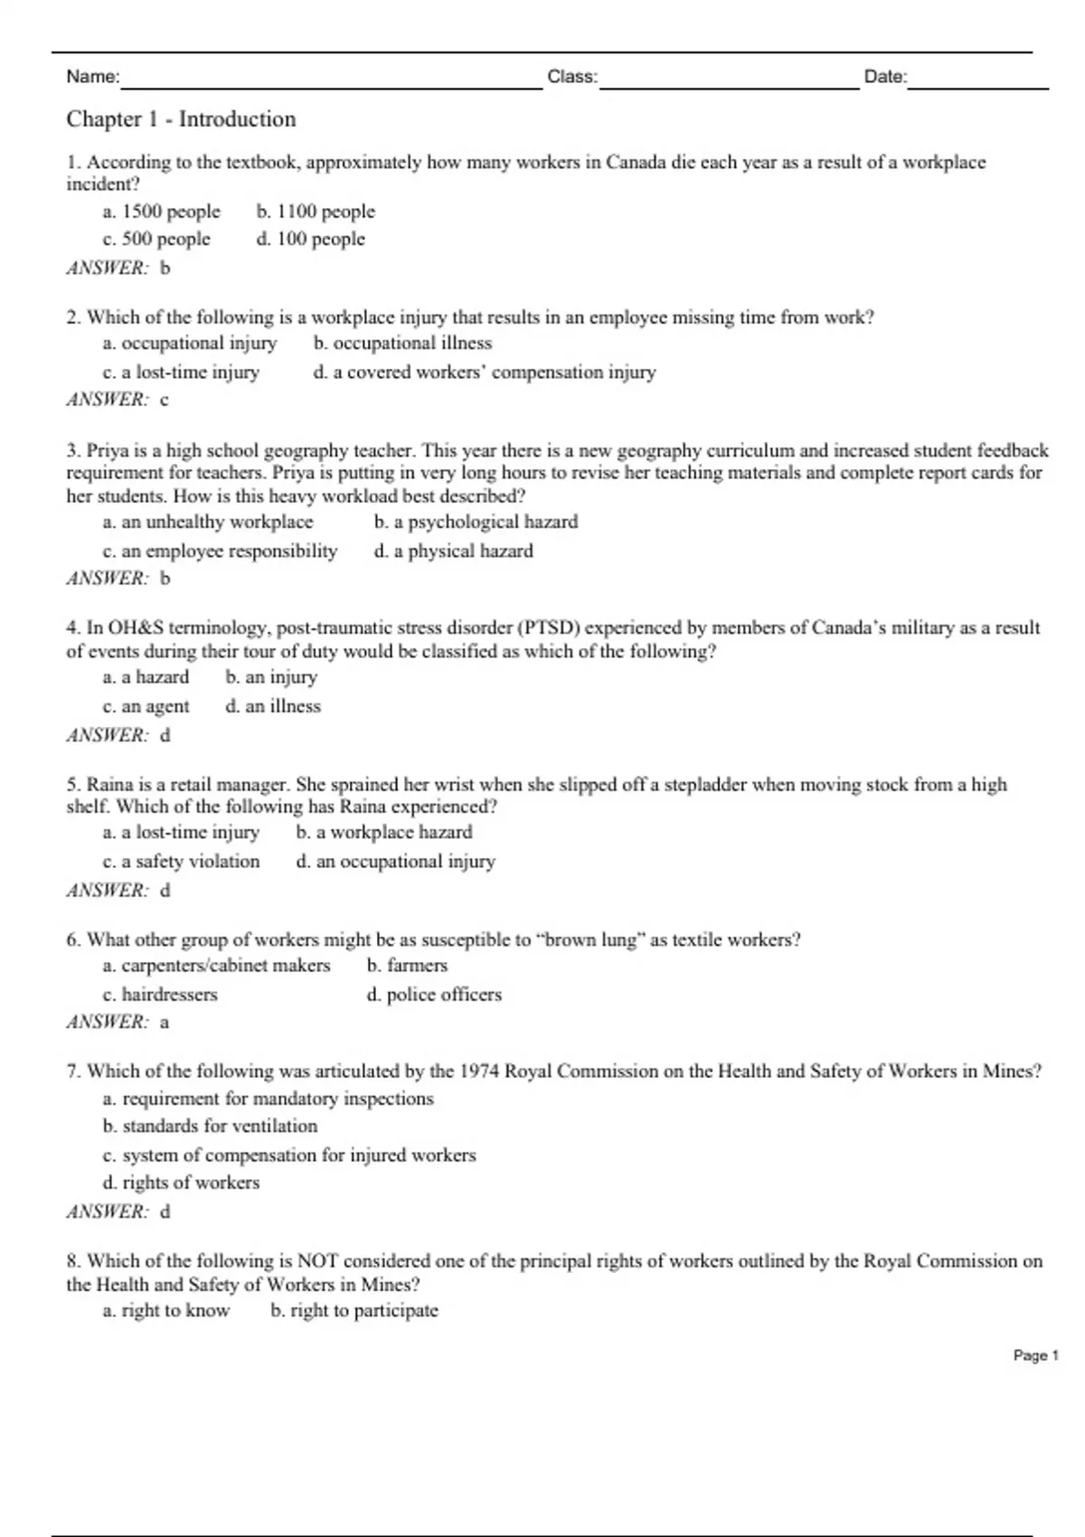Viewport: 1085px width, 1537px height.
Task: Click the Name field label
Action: tap(92, 77)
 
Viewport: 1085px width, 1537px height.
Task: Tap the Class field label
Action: tap(571, 77)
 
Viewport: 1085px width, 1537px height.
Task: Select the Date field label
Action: tap(885, 77)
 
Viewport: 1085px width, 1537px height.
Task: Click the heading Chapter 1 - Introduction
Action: tap(181, 119)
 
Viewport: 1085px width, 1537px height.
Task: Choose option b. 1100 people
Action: tap(316, 212)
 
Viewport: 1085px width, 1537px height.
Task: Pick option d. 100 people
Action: tap(310, 240)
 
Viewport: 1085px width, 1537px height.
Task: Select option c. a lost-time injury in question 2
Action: tap(181, 372)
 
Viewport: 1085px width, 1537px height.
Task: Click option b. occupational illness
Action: tap(402, 344)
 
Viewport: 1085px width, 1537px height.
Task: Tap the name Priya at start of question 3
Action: tap(108, 450)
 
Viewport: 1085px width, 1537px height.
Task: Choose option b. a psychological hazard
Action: tap(476, 522)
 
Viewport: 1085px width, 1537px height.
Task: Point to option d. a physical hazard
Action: tap(453, 551)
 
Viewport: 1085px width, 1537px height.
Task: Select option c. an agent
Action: tap(146, 706)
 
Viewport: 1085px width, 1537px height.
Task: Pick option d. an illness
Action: tap(273, 706)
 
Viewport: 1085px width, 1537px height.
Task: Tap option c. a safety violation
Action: tap(181, 862)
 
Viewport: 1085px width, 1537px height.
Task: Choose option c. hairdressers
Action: tap(160, 995)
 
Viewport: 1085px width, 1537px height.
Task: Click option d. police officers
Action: tap(433, 995)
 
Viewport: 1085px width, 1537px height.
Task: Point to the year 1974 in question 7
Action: tap(479, 1071)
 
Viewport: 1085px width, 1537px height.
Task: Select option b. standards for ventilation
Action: tap(210, 1127)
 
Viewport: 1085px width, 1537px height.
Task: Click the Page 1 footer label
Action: tap(1035, 1355)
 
